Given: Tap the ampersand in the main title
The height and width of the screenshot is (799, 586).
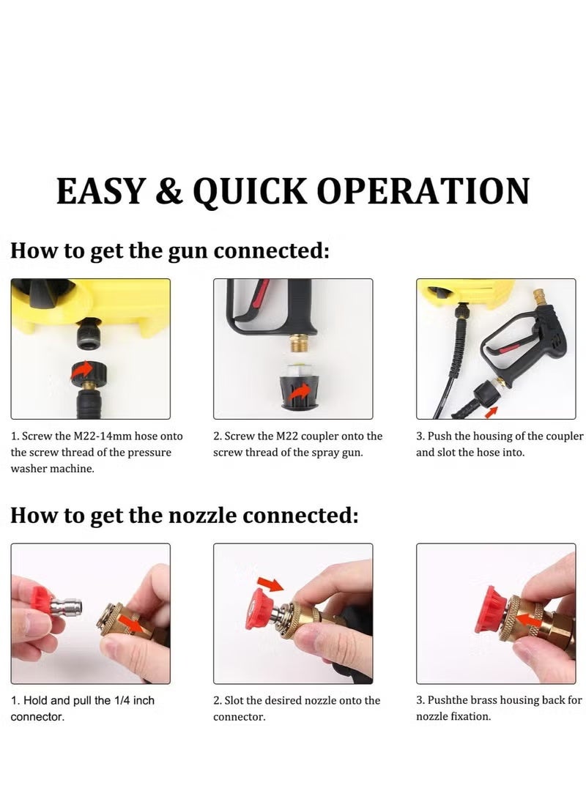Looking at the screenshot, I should (x=169, y=192).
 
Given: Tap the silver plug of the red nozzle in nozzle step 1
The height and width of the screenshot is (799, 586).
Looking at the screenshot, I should (x=72, y=607).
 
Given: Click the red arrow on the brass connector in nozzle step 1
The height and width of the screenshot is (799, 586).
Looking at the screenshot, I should (x=130, y=623).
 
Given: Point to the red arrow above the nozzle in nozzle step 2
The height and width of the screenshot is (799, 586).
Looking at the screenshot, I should (x=270, y=584).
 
